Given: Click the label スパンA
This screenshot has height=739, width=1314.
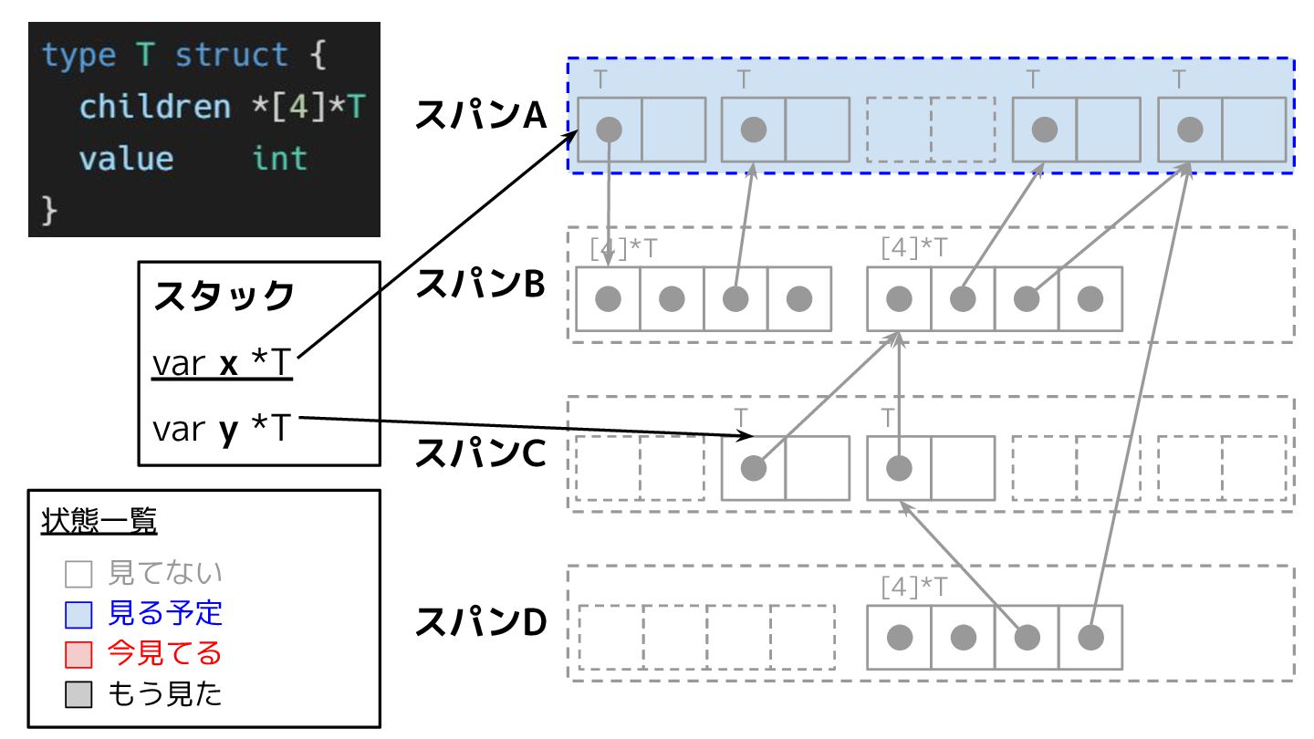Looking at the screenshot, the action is (x=481, y=114).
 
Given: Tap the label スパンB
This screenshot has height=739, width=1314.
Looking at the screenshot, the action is (x=481, y=284).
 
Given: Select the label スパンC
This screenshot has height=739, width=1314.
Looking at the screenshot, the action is (x=481, y=453).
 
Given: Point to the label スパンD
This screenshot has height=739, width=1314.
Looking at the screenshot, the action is (x=481, y=622).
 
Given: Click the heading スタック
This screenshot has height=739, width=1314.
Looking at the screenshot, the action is (x=224, y=296).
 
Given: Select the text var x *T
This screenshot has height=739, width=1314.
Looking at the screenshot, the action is (x=222, y=363).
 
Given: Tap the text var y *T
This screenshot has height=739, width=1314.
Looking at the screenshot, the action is (x=222, y=428).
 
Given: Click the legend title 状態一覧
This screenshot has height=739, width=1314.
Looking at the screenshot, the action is (x=99, y=520).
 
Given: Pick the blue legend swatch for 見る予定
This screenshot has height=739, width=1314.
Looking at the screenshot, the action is (x=78, y=615).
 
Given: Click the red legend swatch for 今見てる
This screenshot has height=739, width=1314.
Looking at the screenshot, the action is (x=78, y=654).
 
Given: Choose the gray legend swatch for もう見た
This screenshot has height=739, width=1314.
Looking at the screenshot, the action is (x=78, y=694).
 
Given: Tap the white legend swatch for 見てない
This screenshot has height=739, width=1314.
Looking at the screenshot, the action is (x=78, y=574).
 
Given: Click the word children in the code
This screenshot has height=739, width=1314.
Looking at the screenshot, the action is (x=155, y=107).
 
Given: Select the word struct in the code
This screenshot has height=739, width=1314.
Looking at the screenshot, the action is (x=232, y=55).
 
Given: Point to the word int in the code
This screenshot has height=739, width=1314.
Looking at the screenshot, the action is (x=280, y=159).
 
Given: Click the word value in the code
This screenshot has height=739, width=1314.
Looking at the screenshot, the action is (x=127, y=159).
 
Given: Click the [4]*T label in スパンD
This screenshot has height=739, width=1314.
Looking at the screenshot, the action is (x=914, y=587).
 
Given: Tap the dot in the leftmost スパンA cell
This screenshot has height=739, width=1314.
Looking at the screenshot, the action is (x=609, y=130).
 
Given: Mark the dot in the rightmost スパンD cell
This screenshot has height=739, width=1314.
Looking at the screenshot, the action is (x=1090, y=638).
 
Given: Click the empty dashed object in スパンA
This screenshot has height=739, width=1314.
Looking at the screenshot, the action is (x=931, y=130).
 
